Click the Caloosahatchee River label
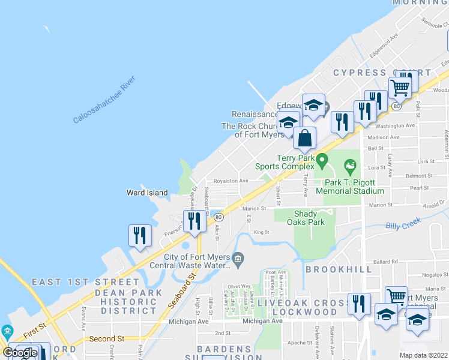104,100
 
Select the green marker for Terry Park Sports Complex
322,160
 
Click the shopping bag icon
305,138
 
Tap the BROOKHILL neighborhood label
339,269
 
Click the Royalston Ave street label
231,181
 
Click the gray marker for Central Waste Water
238,259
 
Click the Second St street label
106,338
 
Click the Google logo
20,352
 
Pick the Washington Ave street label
395,126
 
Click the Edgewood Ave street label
384,45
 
